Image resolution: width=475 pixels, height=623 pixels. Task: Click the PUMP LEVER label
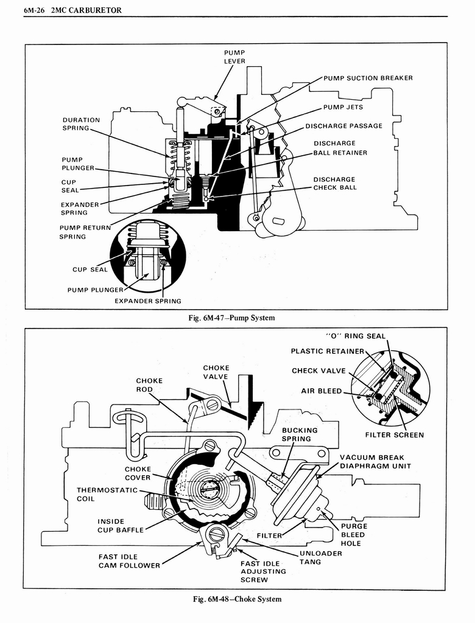pyautogui.click(x=234, y=57)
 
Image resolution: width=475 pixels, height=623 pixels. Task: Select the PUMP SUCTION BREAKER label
pyautogui.click(x=368, y=78)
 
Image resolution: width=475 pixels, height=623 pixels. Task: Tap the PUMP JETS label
pyautogui.click(x=343, y=107)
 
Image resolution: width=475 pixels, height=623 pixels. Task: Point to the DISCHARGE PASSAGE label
pyautogui.click(x=344, y=126)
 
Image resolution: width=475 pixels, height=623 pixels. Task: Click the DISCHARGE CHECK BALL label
pyautogui.click(x=335, y=183)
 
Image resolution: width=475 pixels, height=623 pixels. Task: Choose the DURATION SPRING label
pyautogui.click(x=81, y=124)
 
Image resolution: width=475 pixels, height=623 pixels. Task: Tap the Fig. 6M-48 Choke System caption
pyautogui.click(x=237, y=599)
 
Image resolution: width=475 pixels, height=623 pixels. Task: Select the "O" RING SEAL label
pyautogui.click(x=356, y=336)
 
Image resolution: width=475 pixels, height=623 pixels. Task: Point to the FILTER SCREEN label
pyautogui.click(x=395, y=435)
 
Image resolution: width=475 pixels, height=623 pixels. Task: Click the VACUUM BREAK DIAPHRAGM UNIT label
pyautogui.click(x=375, y=462)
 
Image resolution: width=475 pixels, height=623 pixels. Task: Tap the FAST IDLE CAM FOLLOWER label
pyautogui.click(x=129, y=561)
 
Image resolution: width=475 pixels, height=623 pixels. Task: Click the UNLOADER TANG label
pyautogui.click(x=320, y=557)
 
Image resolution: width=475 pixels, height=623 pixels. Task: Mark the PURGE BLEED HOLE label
pyautogui.click(x=353, y=535)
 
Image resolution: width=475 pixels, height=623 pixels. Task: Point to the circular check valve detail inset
pyautogui.click(x=391, y=388)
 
